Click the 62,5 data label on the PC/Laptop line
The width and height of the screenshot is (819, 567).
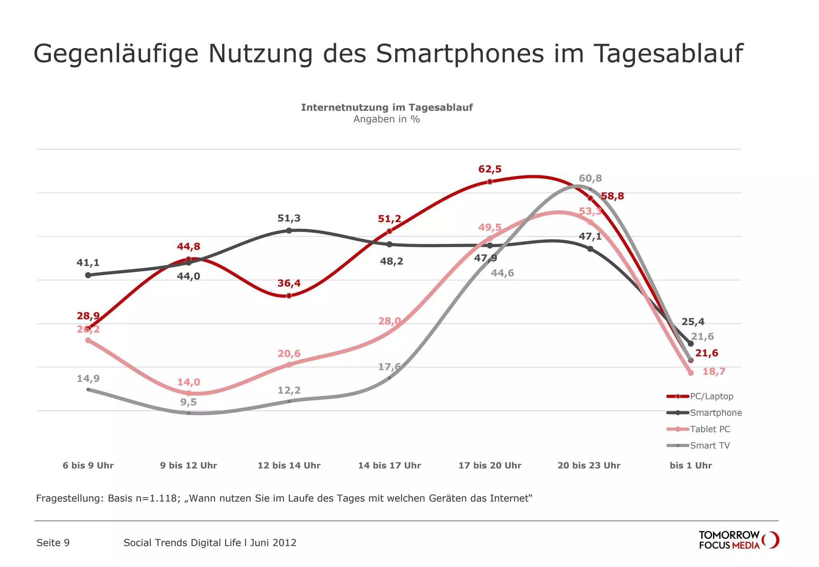click(489, 169)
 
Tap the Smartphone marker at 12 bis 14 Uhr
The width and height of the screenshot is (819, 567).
click(289, 231)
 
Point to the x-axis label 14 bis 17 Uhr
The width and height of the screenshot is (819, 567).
click(389, 465)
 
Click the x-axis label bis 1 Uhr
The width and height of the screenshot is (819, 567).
click(691, 465)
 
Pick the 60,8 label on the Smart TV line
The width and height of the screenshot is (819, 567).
click(590, 178)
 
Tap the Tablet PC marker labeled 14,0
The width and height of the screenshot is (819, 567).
click(189, 393)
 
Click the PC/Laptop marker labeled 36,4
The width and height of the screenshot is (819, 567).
click(289, 295)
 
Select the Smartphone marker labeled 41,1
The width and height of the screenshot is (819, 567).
click(88, 275)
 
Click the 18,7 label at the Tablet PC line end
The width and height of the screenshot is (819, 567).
click(713, 371)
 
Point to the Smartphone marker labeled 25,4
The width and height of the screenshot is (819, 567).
click(691, 343)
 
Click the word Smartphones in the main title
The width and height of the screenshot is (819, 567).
click(459, 54)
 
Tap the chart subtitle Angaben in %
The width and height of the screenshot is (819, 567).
click(386, 119)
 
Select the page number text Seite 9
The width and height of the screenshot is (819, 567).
click(53, 543)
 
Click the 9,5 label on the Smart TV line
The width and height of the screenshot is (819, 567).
click(188, 402)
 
